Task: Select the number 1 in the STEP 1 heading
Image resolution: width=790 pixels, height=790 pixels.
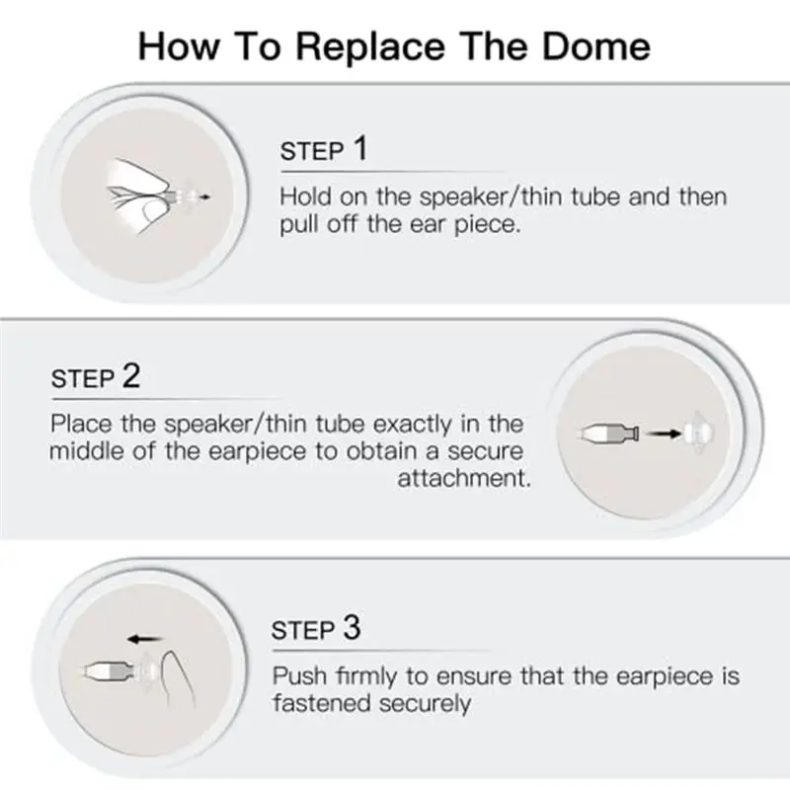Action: pyautogui.click(x=358, y=149)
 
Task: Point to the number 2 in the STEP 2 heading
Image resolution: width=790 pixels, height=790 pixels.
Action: pyautogui.click(x=130, y=376)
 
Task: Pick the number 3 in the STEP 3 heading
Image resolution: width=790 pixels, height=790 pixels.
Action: pyautogui.click(x=353, y=629)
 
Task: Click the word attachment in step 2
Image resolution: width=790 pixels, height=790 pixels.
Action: pyautogui.click(x=464, y=479)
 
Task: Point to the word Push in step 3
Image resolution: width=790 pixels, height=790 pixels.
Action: pyautogui.click(x=297, y=676)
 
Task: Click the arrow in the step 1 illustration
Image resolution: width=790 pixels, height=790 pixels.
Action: pyautogui.click(x=202, y=197)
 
